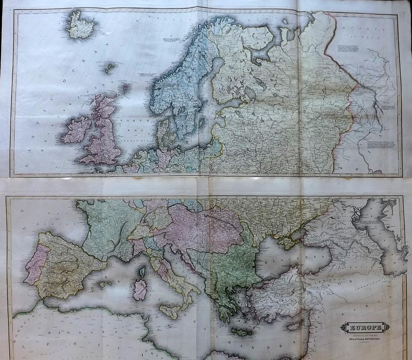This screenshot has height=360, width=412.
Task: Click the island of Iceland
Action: click(x=80, y=25)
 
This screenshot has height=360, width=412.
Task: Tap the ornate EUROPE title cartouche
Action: click(x=365, y=327)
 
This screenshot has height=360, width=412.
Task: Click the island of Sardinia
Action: click(x=140, y=289)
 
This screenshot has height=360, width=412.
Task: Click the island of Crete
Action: click(x=242, y=332)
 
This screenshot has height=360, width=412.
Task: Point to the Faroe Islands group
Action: click(x=110, y=68)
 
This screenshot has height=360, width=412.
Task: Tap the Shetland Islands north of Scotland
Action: click(x=125, y=88)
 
